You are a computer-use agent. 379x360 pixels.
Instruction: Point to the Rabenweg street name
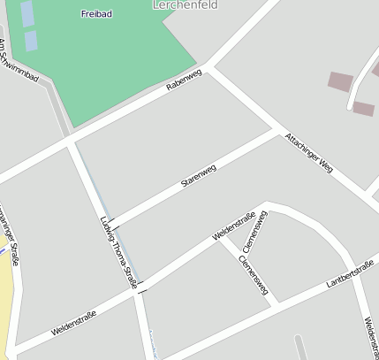tap(184, 80)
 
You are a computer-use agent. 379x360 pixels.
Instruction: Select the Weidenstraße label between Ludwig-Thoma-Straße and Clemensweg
tap(234, 226)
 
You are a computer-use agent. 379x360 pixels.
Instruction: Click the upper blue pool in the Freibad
tap(27, 13)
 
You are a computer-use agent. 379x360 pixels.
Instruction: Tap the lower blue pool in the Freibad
tap(31, 40)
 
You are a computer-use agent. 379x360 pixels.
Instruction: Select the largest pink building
tap(340, 81)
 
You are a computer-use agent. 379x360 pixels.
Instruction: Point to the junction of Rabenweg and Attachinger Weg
tap(209, 67)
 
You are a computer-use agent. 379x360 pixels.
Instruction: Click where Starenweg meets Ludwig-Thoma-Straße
tap(110, 225)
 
